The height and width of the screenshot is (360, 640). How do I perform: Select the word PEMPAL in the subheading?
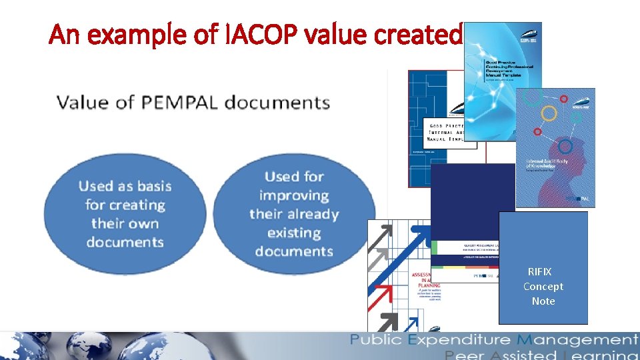coord(176,103)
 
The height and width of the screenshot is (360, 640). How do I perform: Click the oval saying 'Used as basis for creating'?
coord(125,213)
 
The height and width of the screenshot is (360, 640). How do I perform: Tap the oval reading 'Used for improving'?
coord(294,213)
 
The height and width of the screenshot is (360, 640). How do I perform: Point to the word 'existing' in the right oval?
coord(294,233)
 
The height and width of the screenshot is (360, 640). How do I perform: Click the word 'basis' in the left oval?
coord(154,186)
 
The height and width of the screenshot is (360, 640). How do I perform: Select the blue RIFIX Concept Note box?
coord(543,267)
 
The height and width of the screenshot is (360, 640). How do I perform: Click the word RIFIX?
coord(539,271)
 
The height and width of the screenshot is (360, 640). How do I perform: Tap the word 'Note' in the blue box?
coord(543,301)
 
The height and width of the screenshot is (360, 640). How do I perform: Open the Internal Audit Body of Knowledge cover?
coord(555,147)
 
